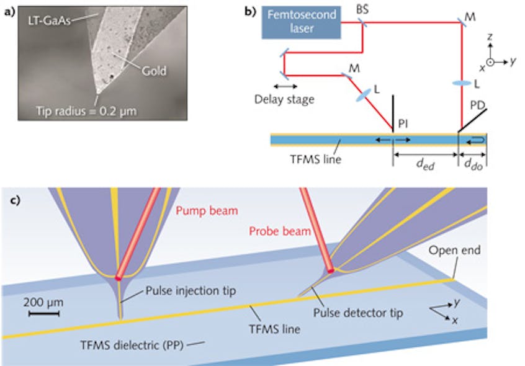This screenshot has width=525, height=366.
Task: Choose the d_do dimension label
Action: [472, 166]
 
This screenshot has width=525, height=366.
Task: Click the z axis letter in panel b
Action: [490, 37]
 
